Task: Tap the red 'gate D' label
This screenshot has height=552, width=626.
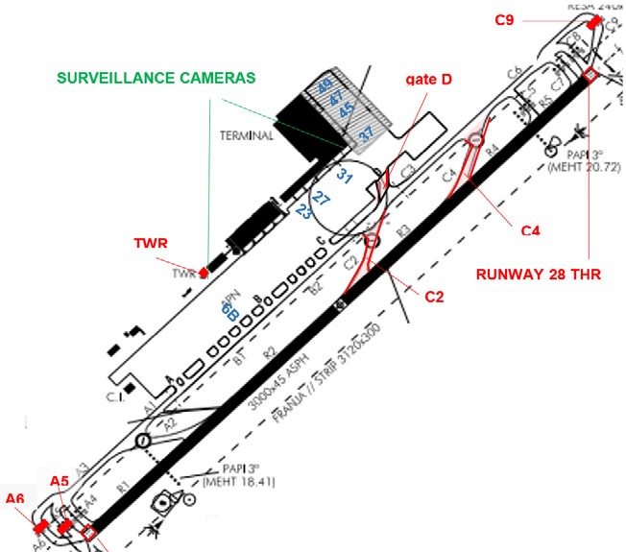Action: coord(429,80)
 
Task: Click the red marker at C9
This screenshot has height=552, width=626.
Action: coord(594,21)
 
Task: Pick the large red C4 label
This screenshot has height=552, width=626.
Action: coord(532,230)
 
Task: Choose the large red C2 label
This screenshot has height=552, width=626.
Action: coord(434,298)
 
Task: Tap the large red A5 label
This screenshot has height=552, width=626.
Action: coord(60,480)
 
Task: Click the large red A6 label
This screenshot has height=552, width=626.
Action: coord(14,498)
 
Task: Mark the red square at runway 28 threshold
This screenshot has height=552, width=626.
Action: coord(591,75)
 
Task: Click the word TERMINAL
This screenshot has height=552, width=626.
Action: coord(247,135)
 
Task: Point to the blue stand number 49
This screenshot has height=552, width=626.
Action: coord(325,86)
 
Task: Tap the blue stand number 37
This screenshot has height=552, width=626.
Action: coord(366,135)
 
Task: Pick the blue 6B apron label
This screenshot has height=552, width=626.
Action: coord(229,310)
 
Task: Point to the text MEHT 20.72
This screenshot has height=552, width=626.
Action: coord(582,167)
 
